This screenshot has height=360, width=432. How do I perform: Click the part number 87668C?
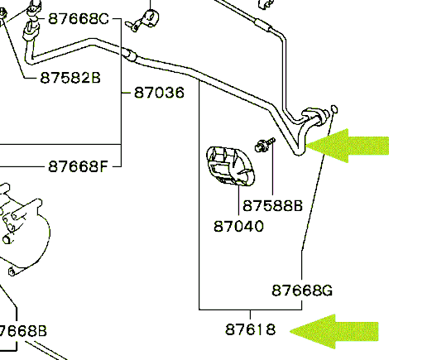(x=79, y=19)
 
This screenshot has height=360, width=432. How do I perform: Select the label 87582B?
(x=70, y=78)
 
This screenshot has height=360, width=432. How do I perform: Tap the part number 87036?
(x=159, y=93)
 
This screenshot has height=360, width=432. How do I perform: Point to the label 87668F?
(x=78, y=166)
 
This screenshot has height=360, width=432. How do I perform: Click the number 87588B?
(x=272, y=206)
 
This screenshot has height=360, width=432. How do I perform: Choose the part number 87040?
(x=238, y=226)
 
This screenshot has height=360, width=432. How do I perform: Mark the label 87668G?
(x=302, y=290)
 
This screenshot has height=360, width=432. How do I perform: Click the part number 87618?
(x=250, y=329)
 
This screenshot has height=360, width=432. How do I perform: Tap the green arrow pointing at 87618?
(x=334, y=331)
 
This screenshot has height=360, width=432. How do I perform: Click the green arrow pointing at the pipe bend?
(x=347, y=146)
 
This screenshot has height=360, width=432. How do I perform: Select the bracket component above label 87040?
(x=230, y=166)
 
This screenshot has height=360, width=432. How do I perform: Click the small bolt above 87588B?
(x=265, y=145)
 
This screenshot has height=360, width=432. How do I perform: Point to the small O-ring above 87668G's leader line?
(x=334, y=109)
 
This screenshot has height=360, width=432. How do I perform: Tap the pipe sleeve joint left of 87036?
(x=129, y=55)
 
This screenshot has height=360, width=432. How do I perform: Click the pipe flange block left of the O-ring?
(x=315, y=117)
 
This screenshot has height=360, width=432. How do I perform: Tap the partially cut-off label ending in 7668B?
(x=23, y=330)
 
